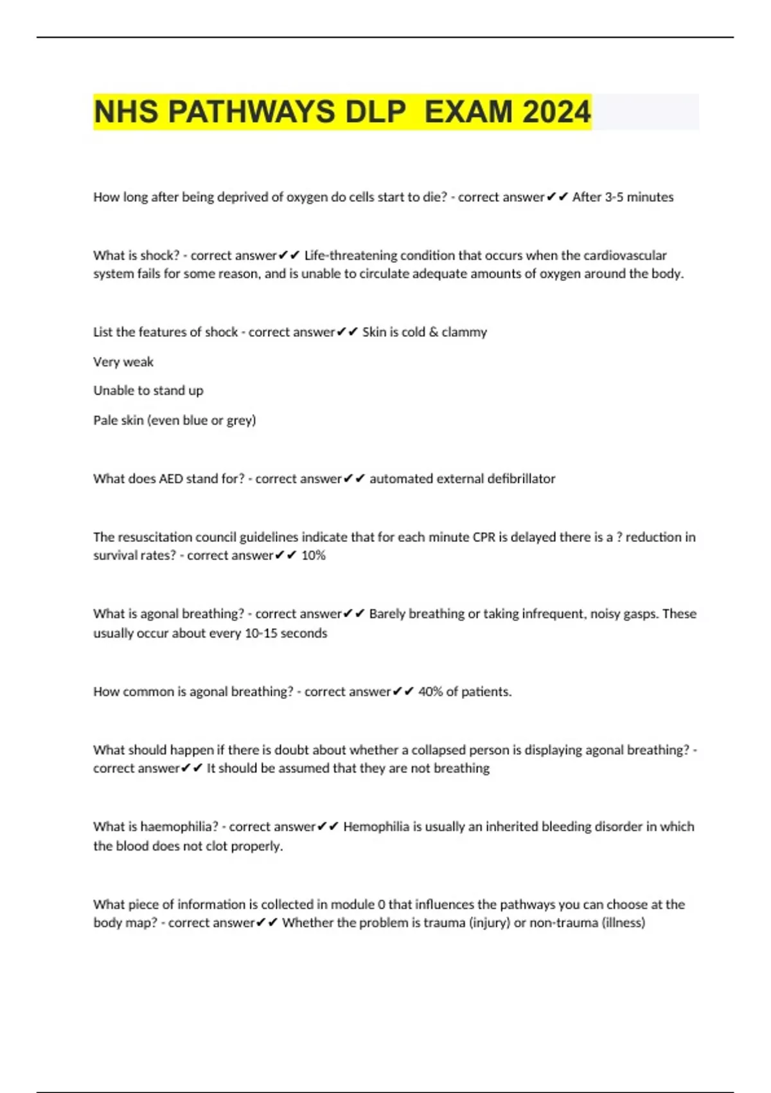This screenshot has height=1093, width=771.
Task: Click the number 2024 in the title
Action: tap(556, 112)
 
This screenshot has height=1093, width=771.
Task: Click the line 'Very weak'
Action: tap(123, 362)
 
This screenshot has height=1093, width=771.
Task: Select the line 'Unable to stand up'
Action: tap(148, 390)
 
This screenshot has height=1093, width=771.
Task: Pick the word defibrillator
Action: tap(521, 478)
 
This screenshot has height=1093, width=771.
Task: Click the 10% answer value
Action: tap(314, 556)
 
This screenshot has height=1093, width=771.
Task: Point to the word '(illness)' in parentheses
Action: tap(623, 923)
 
